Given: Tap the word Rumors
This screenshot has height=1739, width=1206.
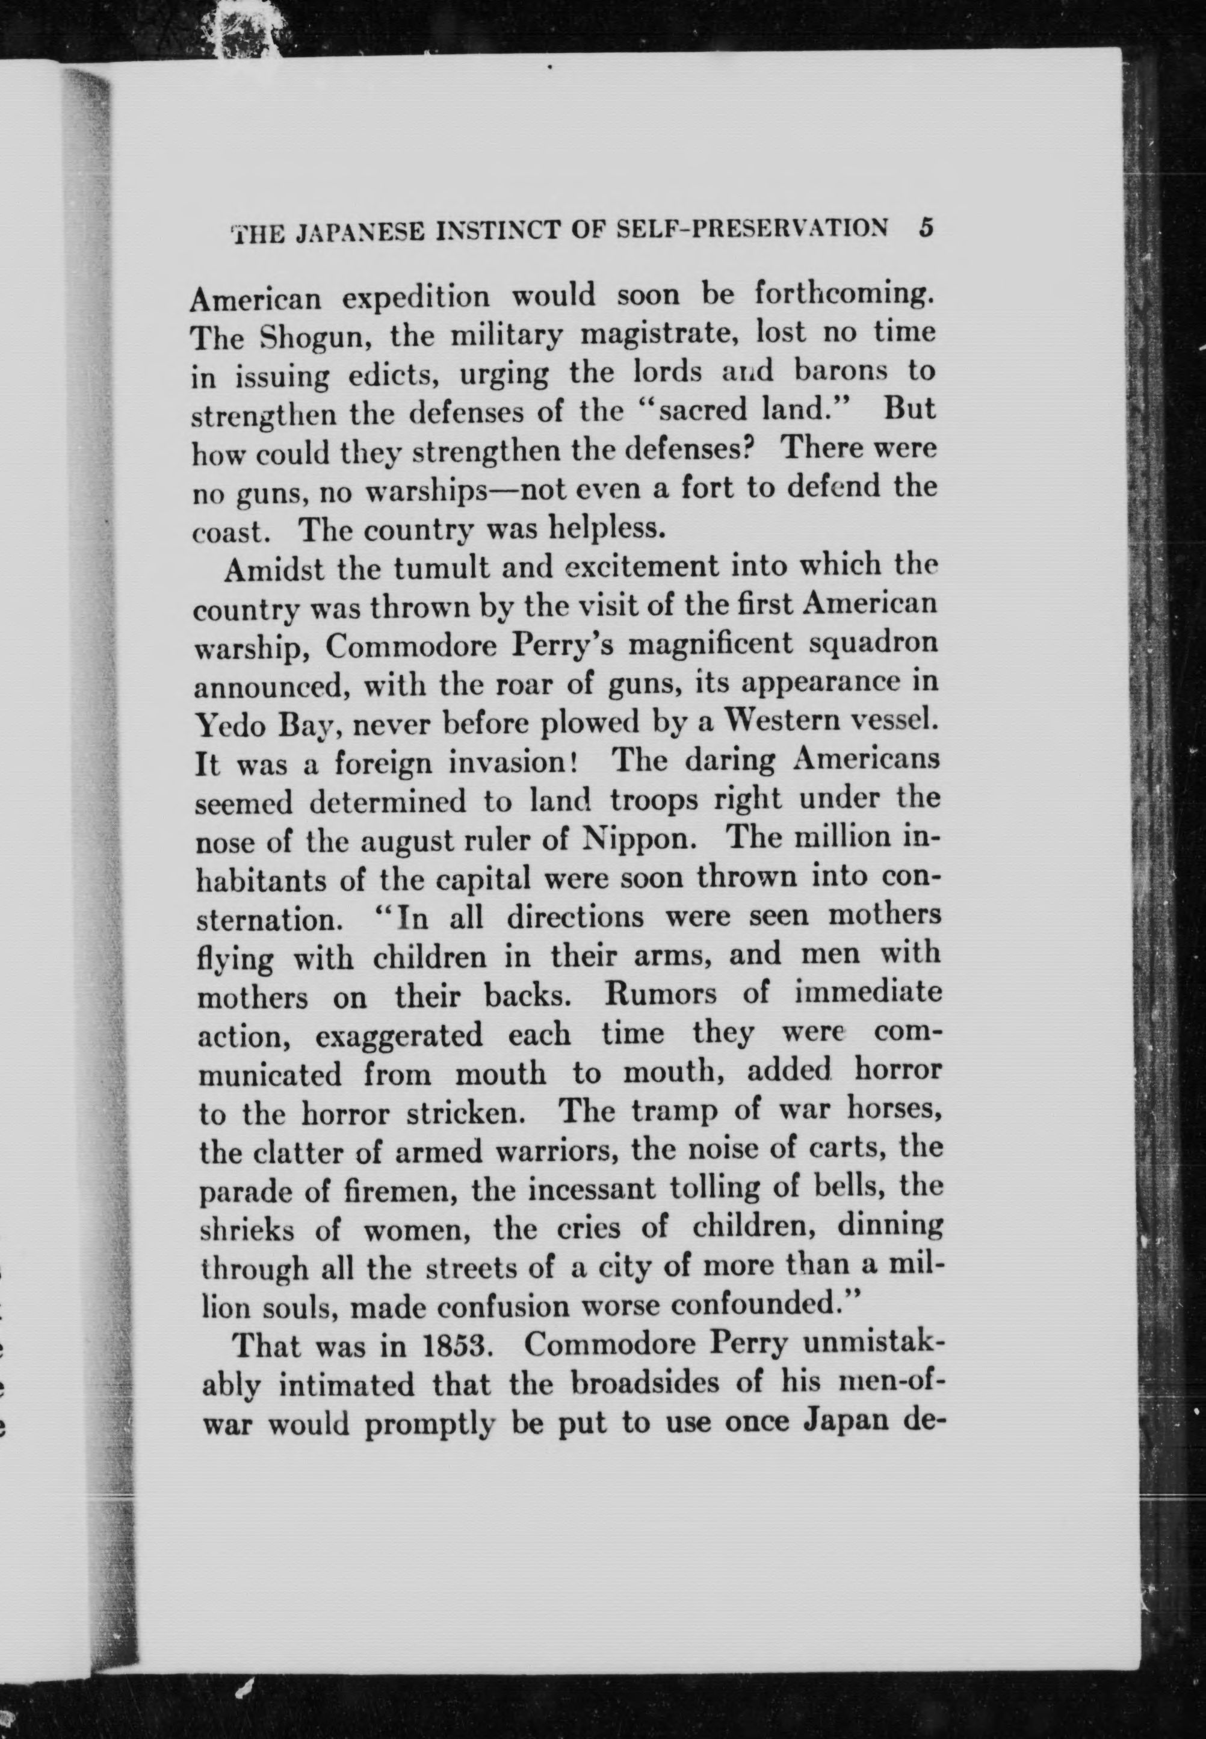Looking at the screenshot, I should tap(661, 993).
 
